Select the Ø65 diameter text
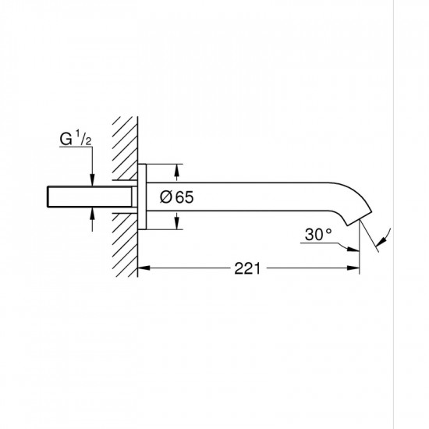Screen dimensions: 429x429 click(x=175, y=197)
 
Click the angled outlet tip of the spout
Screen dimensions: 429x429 click(x=366, y=218)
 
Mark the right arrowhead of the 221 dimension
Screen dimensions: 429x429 click(x=355, y=269)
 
